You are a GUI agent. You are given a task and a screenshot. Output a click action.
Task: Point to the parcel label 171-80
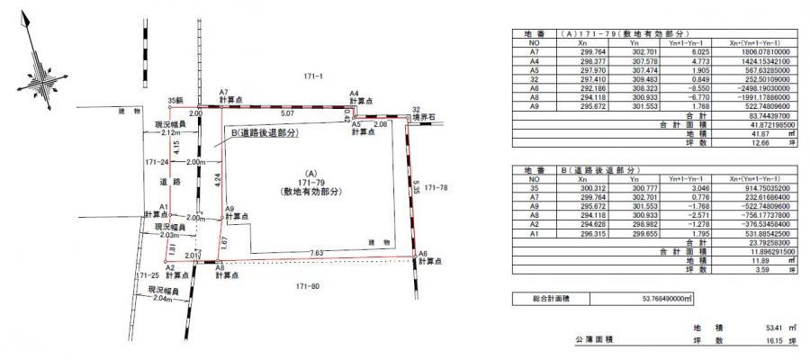coord(310,286)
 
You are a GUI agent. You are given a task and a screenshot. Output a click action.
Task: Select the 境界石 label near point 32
coord(422,117)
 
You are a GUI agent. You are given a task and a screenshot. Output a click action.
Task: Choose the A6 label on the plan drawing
coord(422,256)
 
